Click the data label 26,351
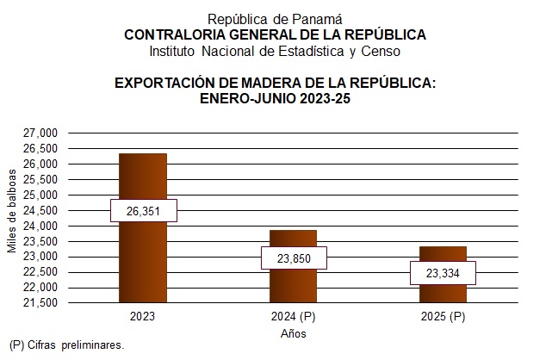pyautogui.click(x=142, y=211)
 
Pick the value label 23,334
pyautogui.click(x=443, y=273)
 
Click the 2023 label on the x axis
pyautogui.click(x=142, y=317)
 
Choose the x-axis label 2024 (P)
pyautogui.click(x=293, y=317)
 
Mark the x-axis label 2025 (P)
pyautogui.click(x=443, y=317)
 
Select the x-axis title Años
pyautogui.click(x=293, y=333)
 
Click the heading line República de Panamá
pyautogui.click(x=276, y=19)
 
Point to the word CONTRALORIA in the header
pyautogui.click(x=171, y=34)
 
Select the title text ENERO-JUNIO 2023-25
pyautogui.click(x=276, y=98)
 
